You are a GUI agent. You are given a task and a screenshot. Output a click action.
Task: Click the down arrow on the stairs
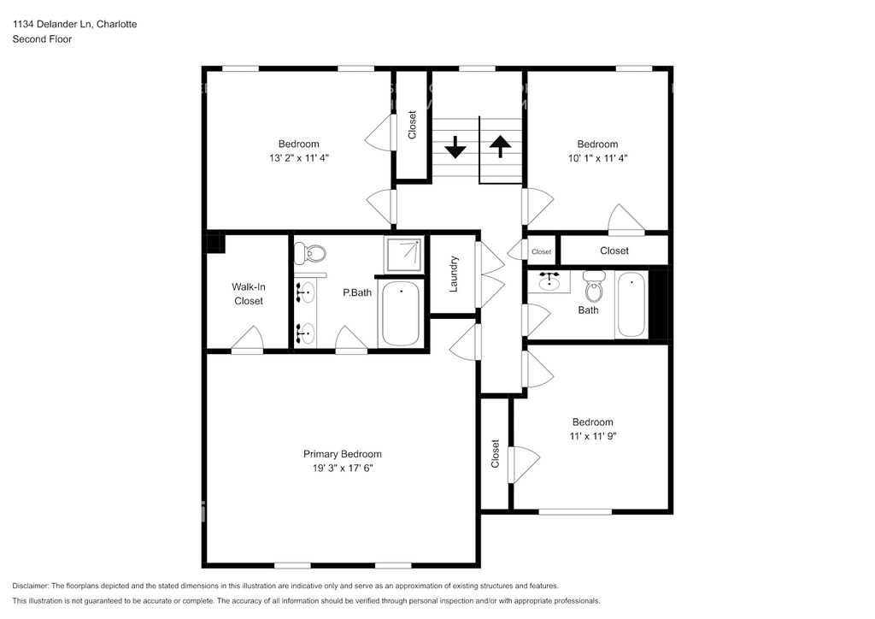455,147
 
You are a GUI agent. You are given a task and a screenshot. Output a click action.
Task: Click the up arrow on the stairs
500,146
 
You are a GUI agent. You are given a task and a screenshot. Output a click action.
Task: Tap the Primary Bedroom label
342,454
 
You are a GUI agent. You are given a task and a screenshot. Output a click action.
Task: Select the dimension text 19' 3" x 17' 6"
342,469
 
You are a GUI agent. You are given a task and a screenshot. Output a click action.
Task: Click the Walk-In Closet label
249,293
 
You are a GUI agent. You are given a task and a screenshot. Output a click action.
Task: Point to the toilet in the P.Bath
309,253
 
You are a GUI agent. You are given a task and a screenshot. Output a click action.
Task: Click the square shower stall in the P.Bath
404,254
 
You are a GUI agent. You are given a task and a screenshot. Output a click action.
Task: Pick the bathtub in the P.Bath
400,314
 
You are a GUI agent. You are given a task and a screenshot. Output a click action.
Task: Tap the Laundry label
454,274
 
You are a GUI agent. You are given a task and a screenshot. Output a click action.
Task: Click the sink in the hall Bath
549,281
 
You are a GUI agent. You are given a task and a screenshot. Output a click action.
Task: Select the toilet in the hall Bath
594,286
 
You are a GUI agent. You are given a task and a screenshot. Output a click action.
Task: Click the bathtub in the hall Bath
631,304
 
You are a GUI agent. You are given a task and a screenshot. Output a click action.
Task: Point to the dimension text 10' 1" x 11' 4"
597,158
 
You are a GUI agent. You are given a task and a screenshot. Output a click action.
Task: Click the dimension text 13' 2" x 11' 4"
299,158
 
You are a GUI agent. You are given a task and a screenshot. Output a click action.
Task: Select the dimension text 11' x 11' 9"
593,436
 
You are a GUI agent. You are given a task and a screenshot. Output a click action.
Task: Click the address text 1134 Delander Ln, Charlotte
75,24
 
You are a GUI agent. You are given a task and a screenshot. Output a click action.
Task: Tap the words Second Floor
43,39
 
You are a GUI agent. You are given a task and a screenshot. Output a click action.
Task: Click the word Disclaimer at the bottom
31,586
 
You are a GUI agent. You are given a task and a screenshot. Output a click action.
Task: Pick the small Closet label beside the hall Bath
541,251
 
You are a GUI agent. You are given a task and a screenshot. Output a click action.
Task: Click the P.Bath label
357,292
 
